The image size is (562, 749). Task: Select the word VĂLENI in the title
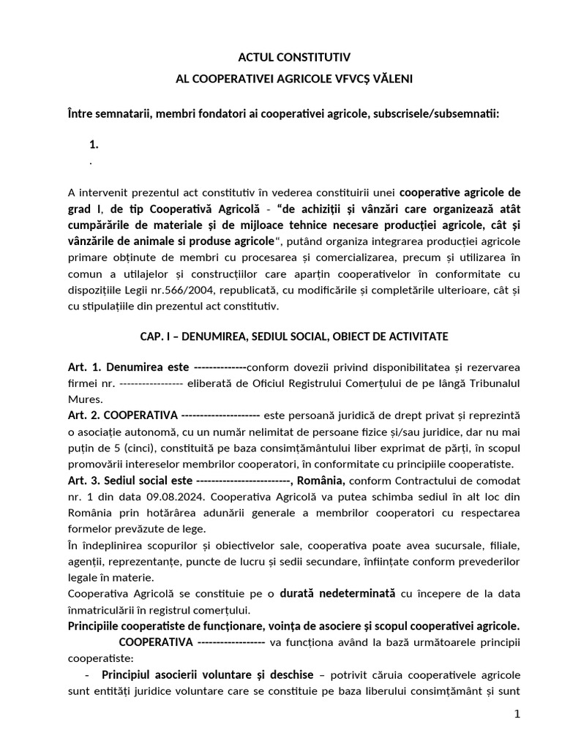tap(397, 78)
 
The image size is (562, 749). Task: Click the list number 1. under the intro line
tap(93, 145)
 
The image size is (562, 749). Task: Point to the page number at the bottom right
tap(517, 715)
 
